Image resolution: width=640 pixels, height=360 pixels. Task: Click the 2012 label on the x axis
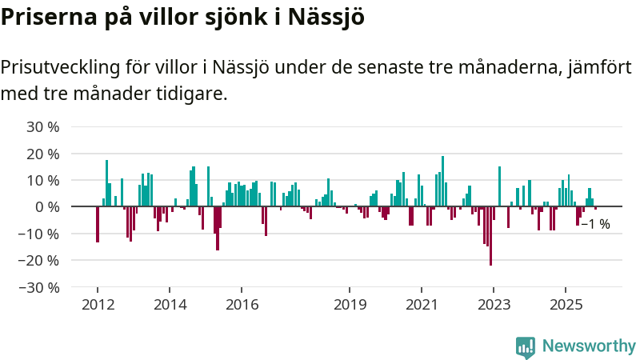tap(98, 304)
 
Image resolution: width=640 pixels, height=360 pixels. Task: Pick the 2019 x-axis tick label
tap(350, 304)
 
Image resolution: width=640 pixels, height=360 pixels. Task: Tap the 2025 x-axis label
tap(566, 304)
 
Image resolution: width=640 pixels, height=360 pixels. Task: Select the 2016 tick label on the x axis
tap(242, 304)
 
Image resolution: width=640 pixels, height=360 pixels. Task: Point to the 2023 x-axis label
tap(494, 304)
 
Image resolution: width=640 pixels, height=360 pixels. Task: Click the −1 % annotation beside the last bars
tap(595, 225)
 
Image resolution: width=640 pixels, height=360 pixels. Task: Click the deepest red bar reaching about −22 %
tap(490, 236)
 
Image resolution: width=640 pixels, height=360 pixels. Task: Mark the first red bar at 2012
tap(98, 224)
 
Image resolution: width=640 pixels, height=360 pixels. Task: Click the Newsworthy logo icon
tap(526, 346)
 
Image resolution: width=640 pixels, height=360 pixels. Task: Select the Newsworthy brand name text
tap(589, 346)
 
